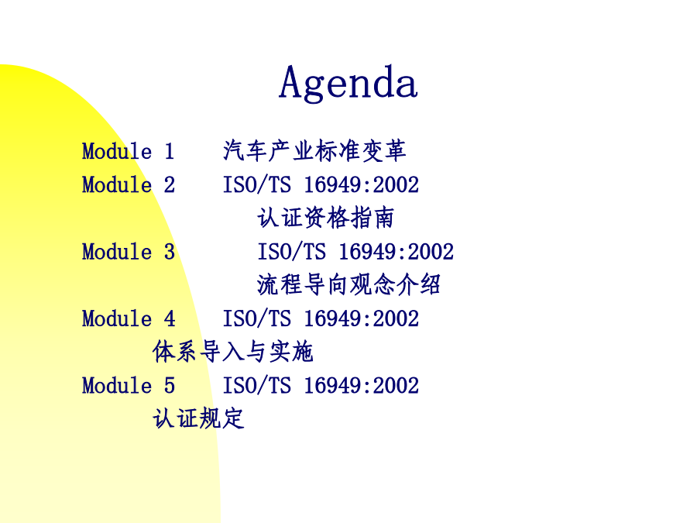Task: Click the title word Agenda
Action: pyautogui.click(x=348, y=83)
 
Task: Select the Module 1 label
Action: pyautogui.click(x=128, y=151)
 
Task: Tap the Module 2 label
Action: pyautogui.click(x=129, y=184)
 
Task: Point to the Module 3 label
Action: pyautogui.click(x=129, y=251)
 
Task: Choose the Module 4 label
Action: pyautogui.click(x=129, y=318)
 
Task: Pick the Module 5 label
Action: pyautogui.click(x=129, y=385)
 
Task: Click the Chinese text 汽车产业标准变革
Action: pyautogui.click(x=314, y=150)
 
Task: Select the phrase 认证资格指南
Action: pyautogui.click(x=326, y=218)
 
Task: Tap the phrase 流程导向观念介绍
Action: pyautogui.click(x=349, y=284)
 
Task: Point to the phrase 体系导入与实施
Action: pyautogui.click(x=233, y=351)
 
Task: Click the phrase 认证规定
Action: pyautogui.click(x=198, y=418)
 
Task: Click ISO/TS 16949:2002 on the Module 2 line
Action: pyautogui.click(x=321, y=184)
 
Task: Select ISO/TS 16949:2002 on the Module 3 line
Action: pyautogui.click(x=355, y=251)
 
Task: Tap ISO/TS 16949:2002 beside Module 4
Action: pyautogui.click(x=321, y=318)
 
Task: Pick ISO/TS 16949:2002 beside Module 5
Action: pyautogui.click(x=321, y=385)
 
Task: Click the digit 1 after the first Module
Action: pyautogui.click(x=169, y=151)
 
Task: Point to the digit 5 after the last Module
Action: pyautogui.click(x=170, y=385)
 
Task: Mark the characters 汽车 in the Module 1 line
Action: pyautogui.click(x=245, y=150)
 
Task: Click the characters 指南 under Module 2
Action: pyautogui.click(x=372, y=218)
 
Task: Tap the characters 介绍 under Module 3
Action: pyautogui.click(x=419, y=284)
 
